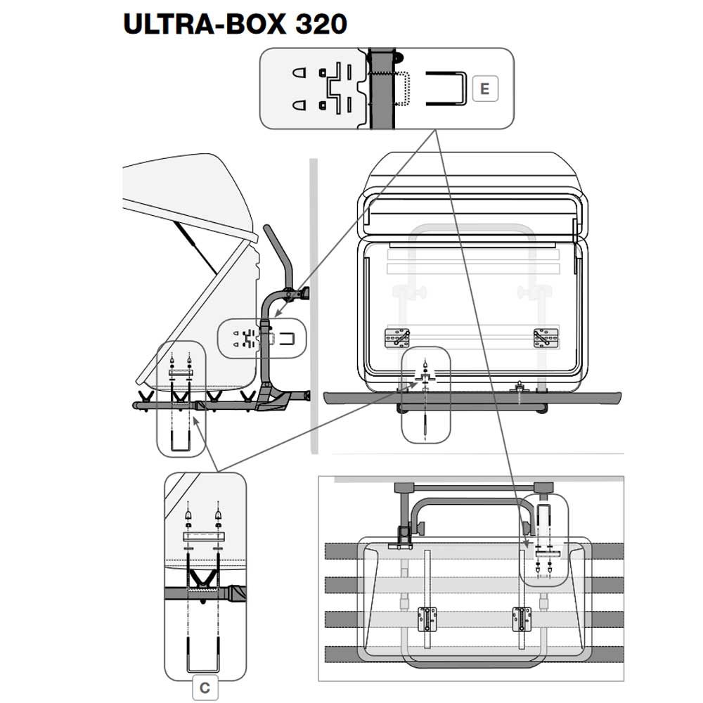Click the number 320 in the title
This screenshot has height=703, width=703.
click(x=321, y=23)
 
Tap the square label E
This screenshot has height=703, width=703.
click(x=484, y=89)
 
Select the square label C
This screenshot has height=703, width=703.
click(x=205, y=688)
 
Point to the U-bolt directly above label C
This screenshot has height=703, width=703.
click(x=205, y=654)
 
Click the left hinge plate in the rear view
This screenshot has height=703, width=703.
click(x=397, y=337)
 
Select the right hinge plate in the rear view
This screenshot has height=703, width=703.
click(x=546, y=337)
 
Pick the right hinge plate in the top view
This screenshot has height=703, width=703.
click(x=521, y=619)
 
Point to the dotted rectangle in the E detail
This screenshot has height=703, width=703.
click(x=402, y=89)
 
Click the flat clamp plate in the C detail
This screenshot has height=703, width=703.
click(x=203, y=536)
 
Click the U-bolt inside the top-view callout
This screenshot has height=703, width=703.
click(x=546, y=517)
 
